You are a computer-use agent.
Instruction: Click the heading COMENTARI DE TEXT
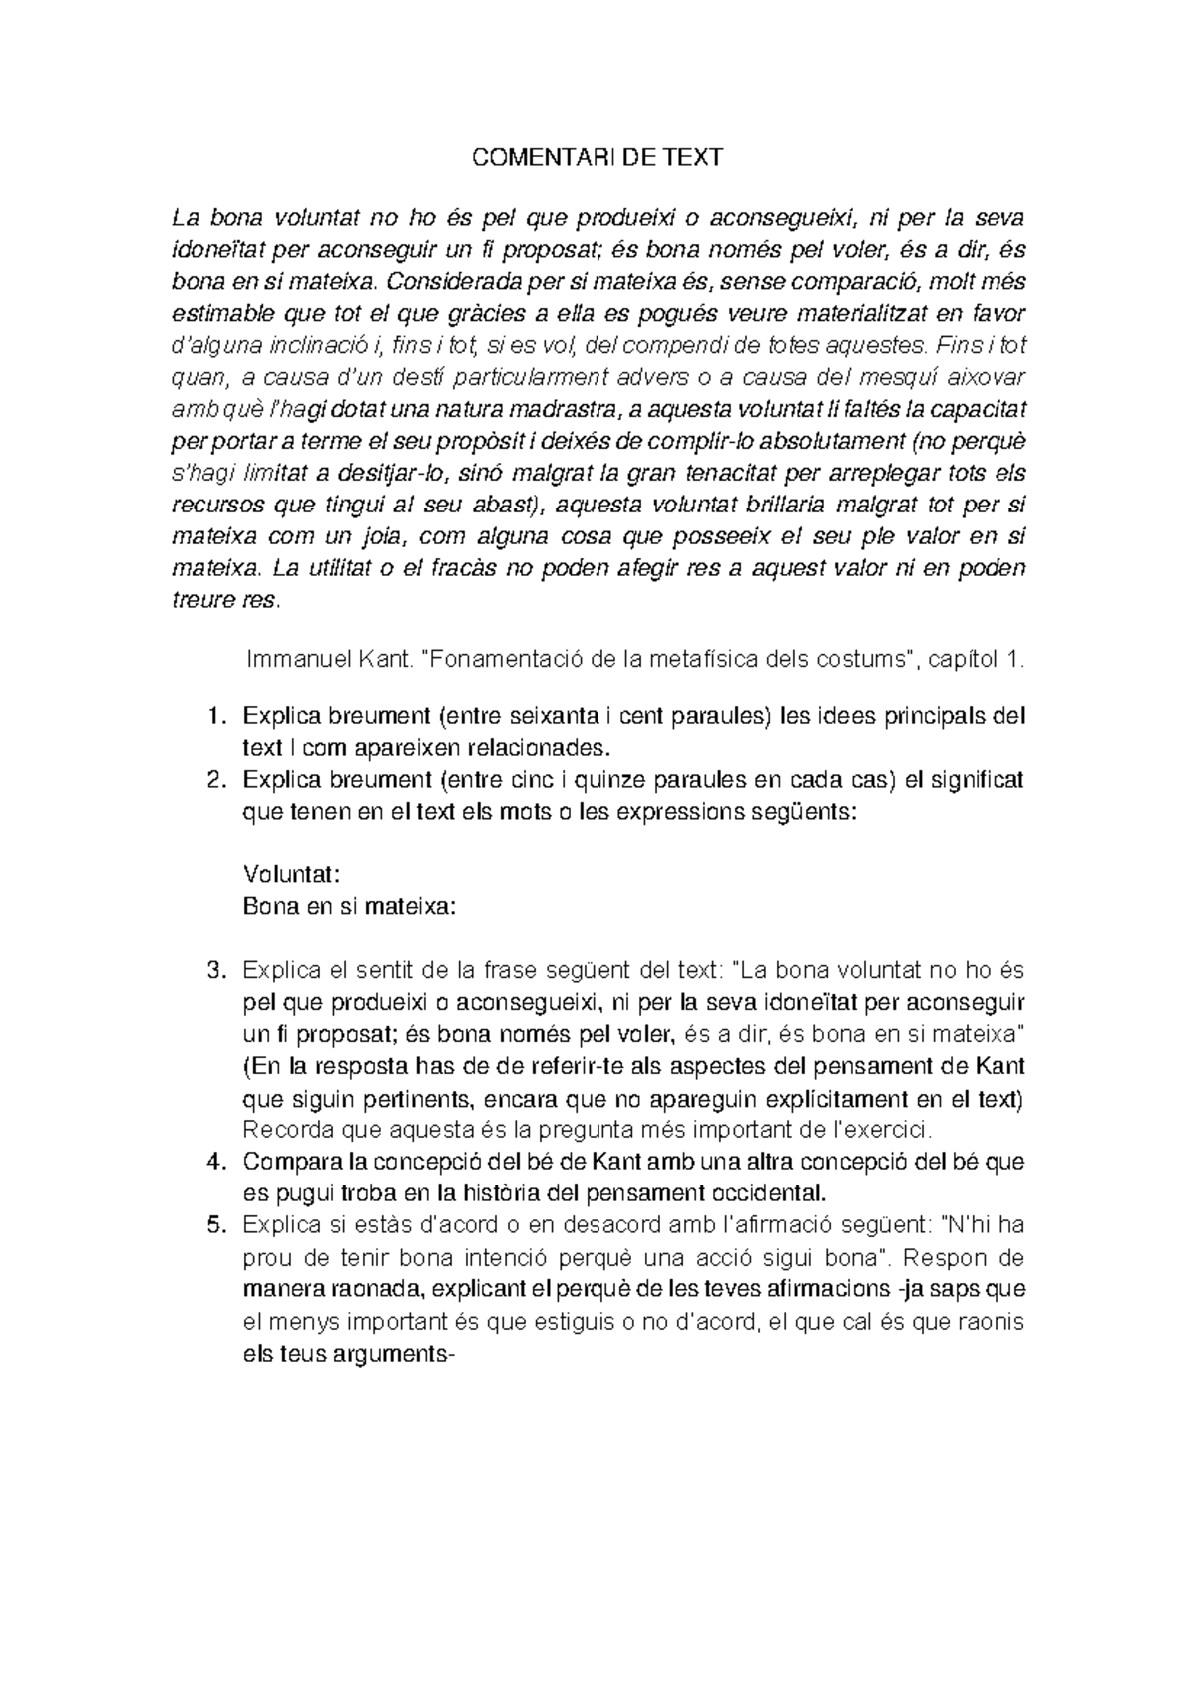[x=597, y=157]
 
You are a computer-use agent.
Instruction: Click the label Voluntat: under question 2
[x=292, y=874]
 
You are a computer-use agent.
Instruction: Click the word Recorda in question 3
[x=288, y=1130]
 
